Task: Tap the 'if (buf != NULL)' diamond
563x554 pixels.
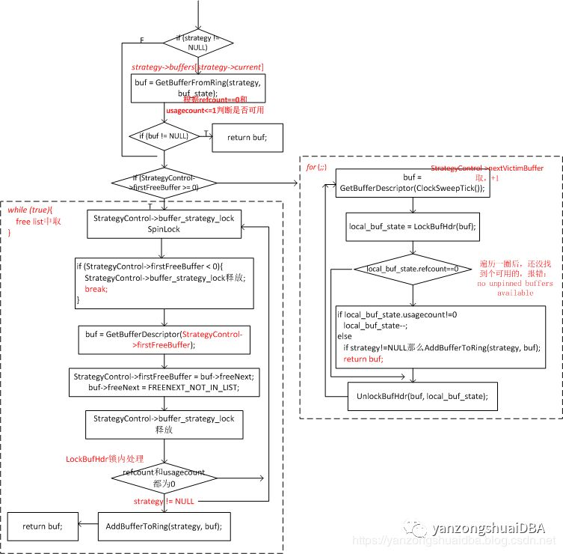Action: click(x=163, y=136)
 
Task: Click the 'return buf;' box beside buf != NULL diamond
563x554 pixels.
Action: click(x=247, y=137)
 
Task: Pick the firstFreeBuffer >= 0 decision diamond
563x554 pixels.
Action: click(x=163, y=181)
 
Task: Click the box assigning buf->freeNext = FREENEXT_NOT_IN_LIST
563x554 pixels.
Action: click(x=164, y=383)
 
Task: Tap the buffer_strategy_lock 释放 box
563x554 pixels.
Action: click(x=164, y=424)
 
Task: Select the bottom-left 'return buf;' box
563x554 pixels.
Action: click(x=43, y=526)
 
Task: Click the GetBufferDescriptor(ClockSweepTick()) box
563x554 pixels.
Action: click(x=411, y=183)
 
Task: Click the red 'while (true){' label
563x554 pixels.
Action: click(x=33, y=211)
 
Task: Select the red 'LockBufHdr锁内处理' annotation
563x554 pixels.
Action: click(x=104, y=458)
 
